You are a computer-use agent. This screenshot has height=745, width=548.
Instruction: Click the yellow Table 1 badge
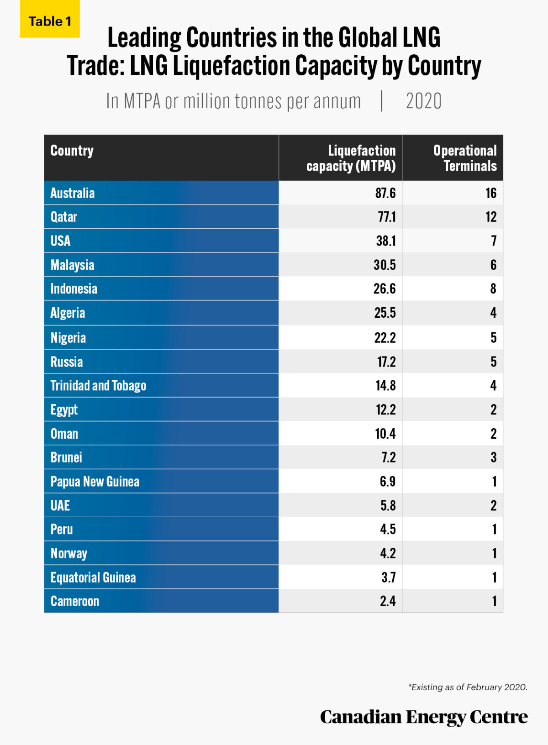tap(50, 20)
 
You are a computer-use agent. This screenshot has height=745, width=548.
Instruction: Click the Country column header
tap(72, 151)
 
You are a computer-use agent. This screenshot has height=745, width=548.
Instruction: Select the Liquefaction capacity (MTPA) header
tap(351, 158)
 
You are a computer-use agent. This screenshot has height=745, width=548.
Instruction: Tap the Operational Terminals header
tap(465, 158)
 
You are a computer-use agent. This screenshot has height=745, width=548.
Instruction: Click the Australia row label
tap(72, 193)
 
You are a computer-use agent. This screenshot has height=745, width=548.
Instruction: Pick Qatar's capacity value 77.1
tap(386, 217)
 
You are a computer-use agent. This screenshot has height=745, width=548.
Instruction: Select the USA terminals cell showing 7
tap(493, 241)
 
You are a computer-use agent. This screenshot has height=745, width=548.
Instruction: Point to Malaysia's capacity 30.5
tap(385, 265)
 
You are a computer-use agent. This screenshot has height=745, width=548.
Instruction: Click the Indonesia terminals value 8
tap(493, 289)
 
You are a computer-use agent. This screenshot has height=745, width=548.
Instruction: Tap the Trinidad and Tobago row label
tap(98, 386)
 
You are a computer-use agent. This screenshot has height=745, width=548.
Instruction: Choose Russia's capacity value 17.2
tap(386, 362)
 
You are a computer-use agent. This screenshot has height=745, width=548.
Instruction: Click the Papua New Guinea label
tap(95, 482)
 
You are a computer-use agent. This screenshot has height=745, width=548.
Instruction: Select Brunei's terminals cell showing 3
tap(493, 457)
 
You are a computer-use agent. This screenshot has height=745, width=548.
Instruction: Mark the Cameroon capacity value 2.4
tap(388, 601)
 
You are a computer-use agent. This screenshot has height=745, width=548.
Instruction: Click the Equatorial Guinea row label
tap(93, 577)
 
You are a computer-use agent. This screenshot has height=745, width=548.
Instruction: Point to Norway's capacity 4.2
tap(388, 554)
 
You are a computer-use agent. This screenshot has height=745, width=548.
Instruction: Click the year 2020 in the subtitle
tap(423, 101)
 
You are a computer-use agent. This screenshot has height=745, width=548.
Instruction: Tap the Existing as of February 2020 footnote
tap(468, 687)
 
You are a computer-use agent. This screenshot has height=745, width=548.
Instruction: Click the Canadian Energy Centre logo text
tap(423, 717)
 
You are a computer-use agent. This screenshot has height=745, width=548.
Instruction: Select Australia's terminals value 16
tap(491, 193)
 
